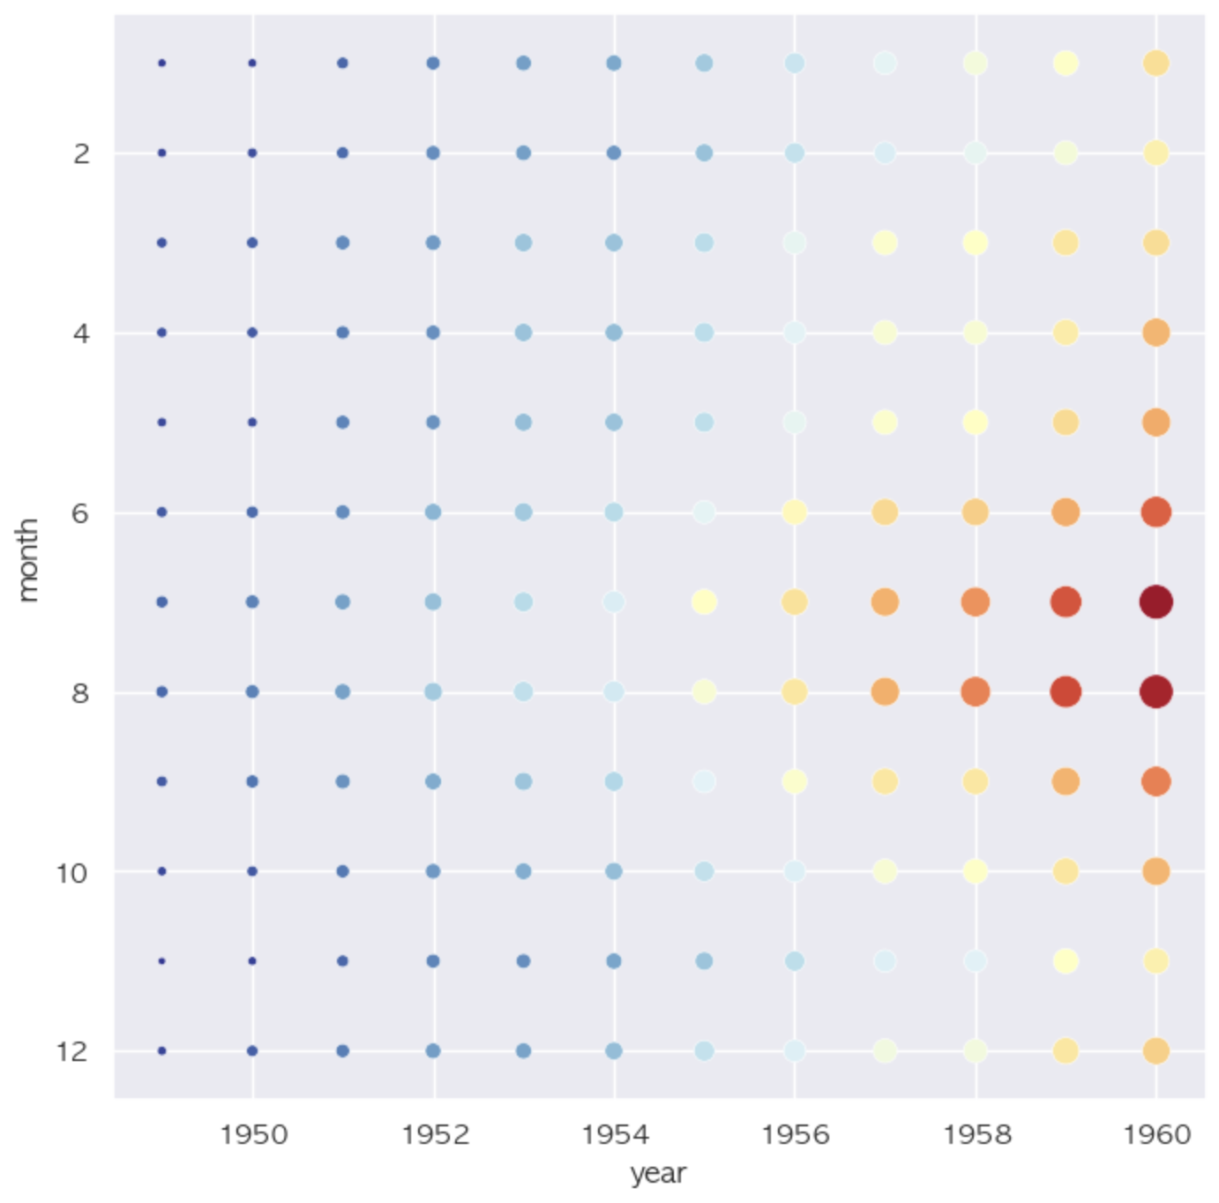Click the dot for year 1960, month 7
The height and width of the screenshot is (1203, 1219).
point(1155,602)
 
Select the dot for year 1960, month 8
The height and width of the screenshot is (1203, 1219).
point(1155,691)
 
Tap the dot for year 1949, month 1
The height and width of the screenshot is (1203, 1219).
point(161,64)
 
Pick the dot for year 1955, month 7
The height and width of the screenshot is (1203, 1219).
point(704,602)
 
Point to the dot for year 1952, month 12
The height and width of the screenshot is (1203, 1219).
point(433,1050)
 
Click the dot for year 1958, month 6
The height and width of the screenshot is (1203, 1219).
point(975,512)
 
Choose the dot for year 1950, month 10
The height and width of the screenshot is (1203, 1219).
point(252,871)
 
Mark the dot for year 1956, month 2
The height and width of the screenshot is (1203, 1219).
point(795,153)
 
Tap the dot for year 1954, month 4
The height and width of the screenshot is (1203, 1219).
point(614,333)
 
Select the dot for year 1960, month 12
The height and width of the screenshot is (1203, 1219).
point(1155,1050)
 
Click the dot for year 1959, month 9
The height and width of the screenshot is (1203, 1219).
point(1066,781)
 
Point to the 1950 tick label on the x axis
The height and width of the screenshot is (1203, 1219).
point(254,1134)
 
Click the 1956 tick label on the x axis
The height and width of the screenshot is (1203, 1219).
point(796,1134)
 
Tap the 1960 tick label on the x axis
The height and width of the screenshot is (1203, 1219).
point(1156,1134)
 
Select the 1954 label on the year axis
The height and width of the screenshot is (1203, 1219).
point(615,1134)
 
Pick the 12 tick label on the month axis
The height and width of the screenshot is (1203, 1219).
point(72,1051)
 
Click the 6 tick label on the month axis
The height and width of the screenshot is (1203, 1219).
point(80,513)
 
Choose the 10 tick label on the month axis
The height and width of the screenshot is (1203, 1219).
point(72,873)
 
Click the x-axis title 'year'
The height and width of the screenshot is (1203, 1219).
point(658,1174)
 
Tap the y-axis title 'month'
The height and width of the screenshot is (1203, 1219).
point(28,560)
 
